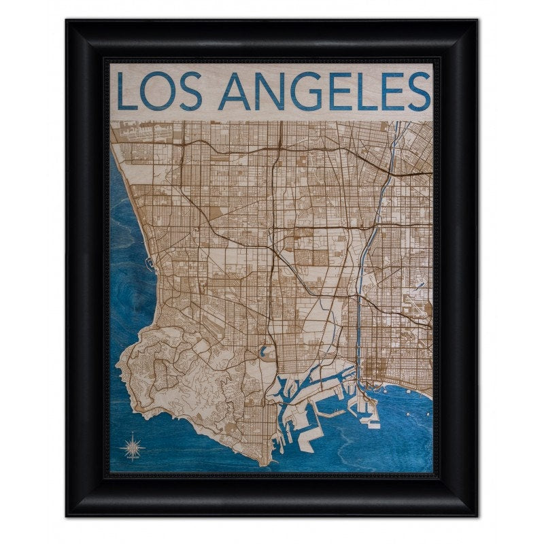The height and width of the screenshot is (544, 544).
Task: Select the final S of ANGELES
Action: pyautogui.click(x=419, y=91)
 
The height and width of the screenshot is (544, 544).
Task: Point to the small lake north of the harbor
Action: pyautogui.click(x=262, y=353)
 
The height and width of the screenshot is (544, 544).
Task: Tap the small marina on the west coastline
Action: pyautogui.click(x=148, y=260)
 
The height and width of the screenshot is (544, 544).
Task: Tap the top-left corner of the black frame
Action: pyautogui.click(x=67, y=21)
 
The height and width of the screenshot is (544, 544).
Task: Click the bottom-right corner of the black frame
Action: pyautogui.click(x=477, y=515)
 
